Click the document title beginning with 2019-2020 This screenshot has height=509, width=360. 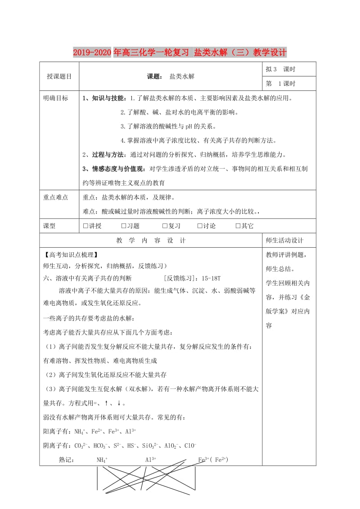coord(180,53)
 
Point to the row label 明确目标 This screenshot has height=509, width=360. coord(55,98)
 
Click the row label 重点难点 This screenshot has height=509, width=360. coord(55,197)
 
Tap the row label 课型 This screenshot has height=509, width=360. coord(49,226)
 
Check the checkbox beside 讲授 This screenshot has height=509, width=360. coord(86,226)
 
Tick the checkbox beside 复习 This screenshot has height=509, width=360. coord(165,226)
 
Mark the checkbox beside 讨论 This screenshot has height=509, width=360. coord(200,226)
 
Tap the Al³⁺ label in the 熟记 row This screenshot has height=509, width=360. coord(150,460)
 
